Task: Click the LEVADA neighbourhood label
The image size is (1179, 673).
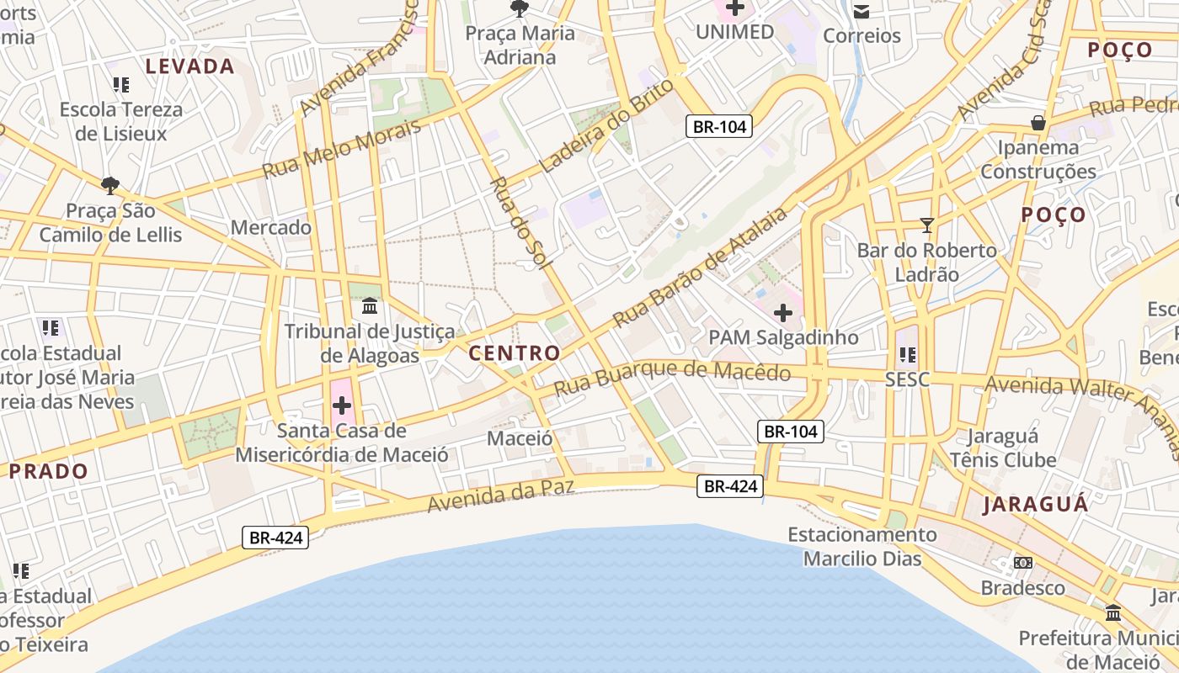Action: click(x=189, y=66)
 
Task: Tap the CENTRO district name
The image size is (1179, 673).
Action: click(x=514, y=353)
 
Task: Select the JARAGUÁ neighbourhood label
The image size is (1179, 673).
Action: click(x=1035, y=505)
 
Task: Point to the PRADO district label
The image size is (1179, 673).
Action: click(x=49, y=471)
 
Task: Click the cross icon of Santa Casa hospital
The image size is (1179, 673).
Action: click(x=342, y=406)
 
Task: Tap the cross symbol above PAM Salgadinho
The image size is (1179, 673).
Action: click(x=783, y=314)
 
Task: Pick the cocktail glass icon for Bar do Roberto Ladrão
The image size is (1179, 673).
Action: click(x=927, y=225)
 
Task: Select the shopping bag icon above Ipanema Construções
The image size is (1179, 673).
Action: click(x=1038, y=123)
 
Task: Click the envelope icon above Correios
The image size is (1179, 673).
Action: click(x=862, y=11)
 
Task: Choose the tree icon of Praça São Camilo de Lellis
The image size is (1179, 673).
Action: click(x=109, y=185)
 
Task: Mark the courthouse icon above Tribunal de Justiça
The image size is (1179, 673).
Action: click(x=369, y=305)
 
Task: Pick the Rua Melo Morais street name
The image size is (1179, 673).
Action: click(x=341, y=150)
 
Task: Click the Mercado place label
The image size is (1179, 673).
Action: click(x=270, y=227)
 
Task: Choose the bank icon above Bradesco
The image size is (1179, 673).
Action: click(x=1023, y=562)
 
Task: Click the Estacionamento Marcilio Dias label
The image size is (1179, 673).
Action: click(x=862, y=546)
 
